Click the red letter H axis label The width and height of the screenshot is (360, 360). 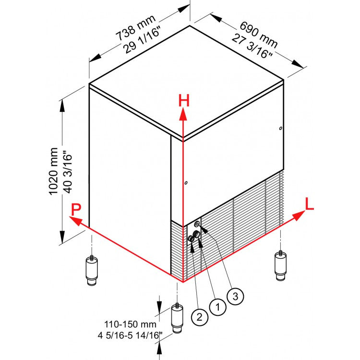tap(184, 100)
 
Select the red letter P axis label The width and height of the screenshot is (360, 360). tap(75, 209)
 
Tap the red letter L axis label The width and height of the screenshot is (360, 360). tap(310, 204)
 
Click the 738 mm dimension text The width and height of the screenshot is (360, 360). tap(136, 28)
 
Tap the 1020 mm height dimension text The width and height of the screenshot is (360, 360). tap(53, 171)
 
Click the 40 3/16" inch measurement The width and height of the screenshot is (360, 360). tap(67, 171)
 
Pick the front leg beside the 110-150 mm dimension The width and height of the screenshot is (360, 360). tap(179, 319)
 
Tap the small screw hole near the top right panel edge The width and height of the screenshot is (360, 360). tap(280, 128)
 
